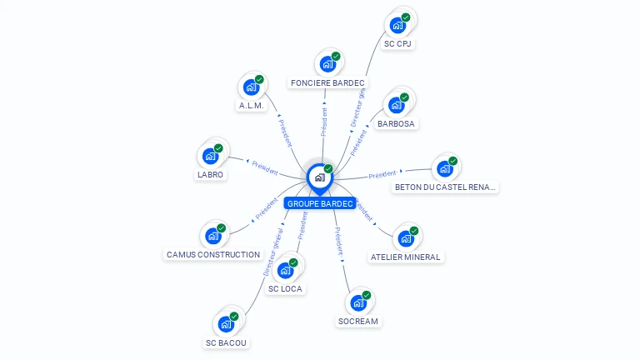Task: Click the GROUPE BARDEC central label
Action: click(x=320, y=203)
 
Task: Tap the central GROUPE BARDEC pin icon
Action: click(x=319, y=177)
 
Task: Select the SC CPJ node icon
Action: click(x=397, y=25)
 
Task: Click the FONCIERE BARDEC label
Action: click(x=327, y=82)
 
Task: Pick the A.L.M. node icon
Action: click(x=251, y=87)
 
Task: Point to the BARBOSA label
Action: click(x=396, y=124)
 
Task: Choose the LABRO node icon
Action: click(x=210, y=156)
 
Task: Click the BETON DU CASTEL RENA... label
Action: click(x=446, y=187)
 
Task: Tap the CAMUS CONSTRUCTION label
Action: click(x=213, y=254)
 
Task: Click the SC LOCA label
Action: click(x=285, y=289)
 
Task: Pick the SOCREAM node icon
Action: click(x=358, y=302)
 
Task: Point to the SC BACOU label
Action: click(x=227, y=342)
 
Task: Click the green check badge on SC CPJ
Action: click(x=406, y=17)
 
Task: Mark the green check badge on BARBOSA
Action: click(x=404, y=97)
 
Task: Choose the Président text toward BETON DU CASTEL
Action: click(x=382, y=174)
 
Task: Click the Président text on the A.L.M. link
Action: click(x=285, y=132)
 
